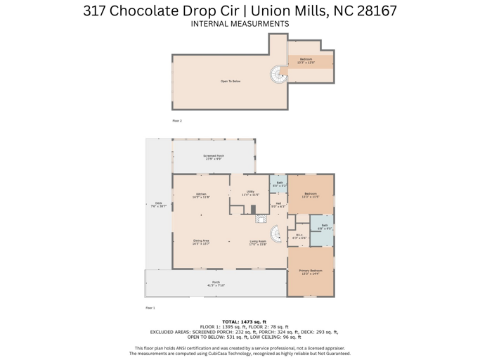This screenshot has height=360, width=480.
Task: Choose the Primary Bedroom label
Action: [311, 272]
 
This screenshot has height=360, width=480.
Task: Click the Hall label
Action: [278, 205]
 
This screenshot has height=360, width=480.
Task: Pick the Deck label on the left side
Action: [158, 205]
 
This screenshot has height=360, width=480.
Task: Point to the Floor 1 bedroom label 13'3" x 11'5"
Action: [311, 195]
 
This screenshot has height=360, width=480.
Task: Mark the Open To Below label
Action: [231, 82]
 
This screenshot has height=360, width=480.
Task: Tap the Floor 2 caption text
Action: [177, 121]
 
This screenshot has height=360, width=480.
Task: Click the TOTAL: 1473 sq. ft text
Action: [240, 321]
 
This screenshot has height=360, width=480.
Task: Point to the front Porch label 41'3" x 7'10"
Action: [216, 284]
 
